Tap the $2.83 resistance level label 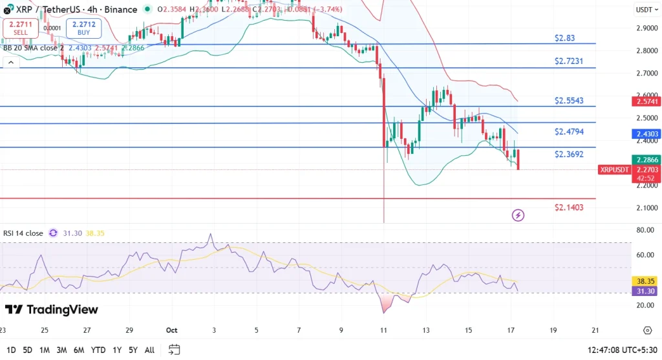[564, 38]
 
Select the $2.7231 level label [568, 61]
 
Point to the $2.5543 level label [569, 101]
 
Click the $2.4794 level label [569, 131]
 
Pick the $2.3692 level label [569, 154]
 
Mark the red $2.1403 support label [569, 207]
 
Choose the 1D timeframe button [10, 350]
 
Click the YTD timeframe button [99, 350]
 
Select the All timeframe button [149, 350]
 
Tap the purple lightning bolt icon [518, 215]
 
